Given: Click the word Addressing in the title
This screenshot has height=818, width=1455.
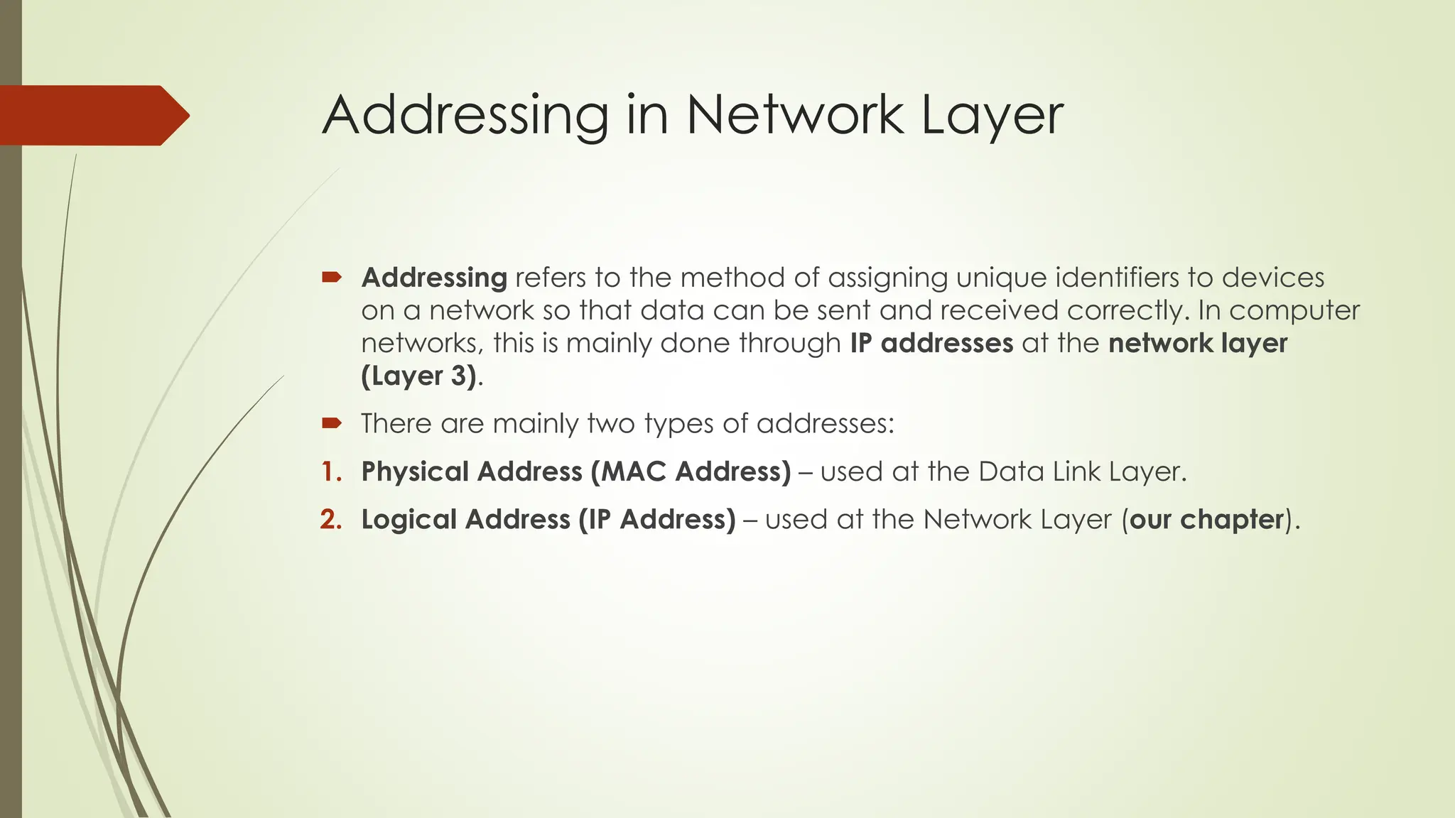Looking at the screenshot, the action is click(x=465, y=115).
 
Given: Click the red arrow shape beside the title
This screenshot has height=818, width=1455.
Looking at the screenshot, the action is click(x=92, y=115).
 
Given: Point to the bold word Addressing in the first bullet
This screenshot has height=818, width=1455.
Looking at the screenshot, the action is click(x=434, y=278).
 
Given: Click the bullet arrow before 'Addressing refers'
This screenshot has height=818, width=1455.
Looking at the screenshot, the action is click(x=332, y=277).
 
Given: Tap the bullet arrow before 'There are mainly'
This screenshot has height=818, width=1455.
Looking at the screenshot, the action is click(x=332, y=424).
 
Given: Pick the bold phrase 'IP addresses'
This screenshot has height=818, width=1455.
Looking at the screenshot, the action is click(x=931, y=343).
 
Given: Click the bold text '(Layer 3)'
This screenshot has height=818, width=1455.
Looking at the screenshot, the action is click(x=418, y=376).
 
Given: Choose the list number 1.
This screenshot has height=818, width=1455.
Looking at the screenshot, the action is click(x=331, y=471).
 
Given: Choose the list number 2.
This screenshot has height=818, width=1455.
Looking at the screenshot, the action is click(x=331, y=520).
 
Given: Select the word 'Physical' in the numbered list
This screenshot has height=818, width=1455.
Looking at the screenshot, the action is click(x=414, y=471).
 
